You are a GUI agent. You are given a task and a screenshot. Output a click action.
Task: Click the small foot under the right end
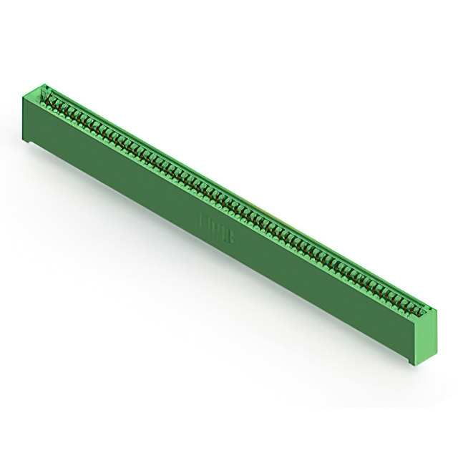coord(414,361)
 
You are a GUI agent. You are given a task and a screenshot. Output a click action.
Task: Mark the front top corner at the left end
coord(23,97)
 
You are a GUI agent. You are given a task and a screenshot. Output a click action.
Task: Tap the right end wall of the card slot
coord(425,312)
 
